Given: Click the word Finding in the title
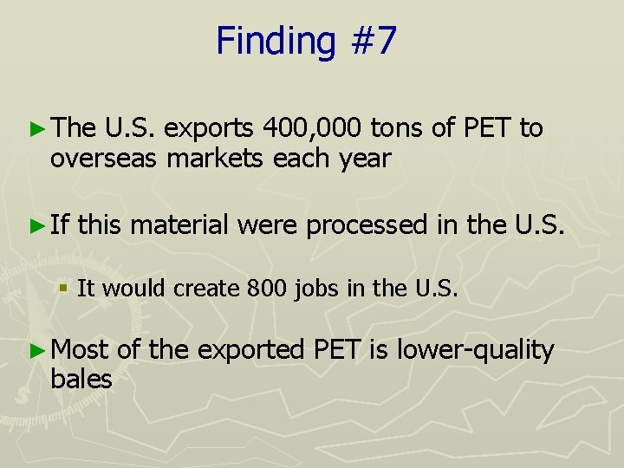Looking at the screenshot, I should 271,42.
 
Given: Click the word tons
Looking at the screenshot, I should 399,129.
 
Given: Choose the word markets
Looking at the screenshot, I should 217,159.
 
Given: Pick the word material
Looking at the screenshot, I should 180,226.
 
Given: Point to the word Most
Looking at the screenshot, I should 81,349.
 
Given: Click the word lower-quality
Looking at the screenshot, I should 475,349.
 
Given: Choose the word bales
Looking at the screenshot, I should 81,379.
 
